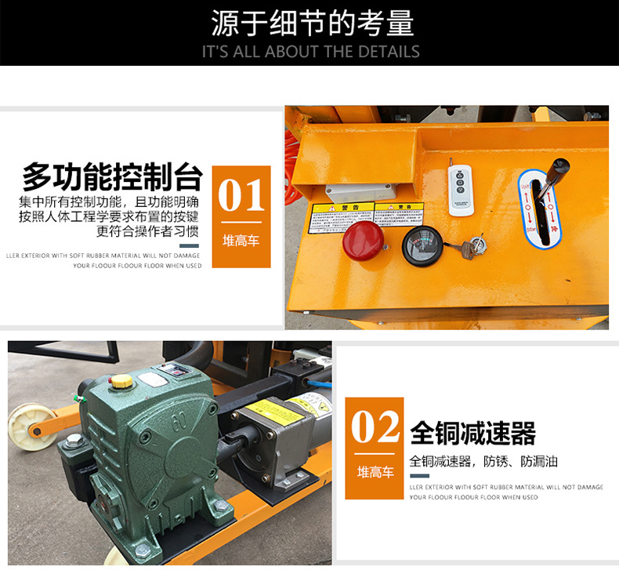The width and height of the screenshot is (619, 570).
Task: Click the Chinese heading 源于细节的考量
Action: (x=311, y=24)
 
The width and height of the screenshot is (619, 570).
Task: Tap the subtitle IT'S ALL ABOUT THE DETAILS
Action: (x=311, y=52)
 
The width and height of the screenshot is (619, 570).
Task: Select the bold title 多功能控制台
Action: (x=113, y=177)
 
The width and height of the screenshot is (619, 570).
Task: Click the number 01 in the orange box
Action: (x=241, y=196)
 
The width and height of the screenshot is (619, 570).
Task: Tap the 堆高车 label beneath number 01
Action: (x=241, y=241)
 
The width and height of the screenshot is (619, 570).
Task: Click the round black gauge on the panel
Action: (x=422, y=245)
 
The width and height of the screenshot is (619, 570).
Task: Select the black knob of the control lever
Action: (x=559, y=169)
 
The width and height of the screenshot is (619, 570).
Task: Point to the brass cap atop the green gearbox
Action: (x=121, y=382)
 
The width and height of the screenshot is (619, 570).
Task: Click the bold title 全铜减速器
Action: (x=472, y=433)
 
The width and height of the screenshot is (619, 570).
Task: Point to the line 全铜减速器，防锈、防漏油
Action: (x=483, y=461)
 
